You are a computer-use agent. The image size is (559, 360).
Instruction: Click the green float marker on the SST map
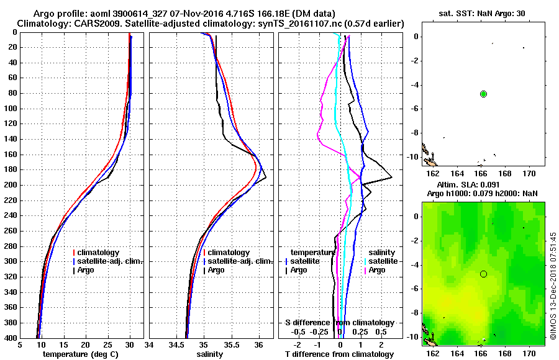pyautogui.click(x=483, y=94)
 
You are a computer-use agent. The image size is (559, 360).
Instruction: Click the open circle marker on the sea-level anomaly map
pyautogui.click(x=483, y=274)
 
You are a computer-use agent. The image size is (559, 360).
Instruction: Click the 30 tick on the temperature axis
pyautogui.click(x=129, y=346)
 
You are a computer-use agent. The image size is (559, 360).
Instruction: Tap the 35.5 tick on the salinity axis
pyautogui.click(x=231, y=346)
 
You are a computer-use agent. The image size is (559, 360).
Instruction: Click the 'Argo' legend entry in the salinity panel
pyautogui.click(x=216, y=270)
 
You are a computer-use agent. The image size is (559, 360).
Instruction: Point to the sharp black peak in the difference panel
pyautogui.click(x=391, y=178)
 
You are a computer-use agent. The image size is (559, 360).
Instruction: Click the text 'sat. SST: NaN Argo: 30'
pyautogui.click(x=481, y=13)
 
